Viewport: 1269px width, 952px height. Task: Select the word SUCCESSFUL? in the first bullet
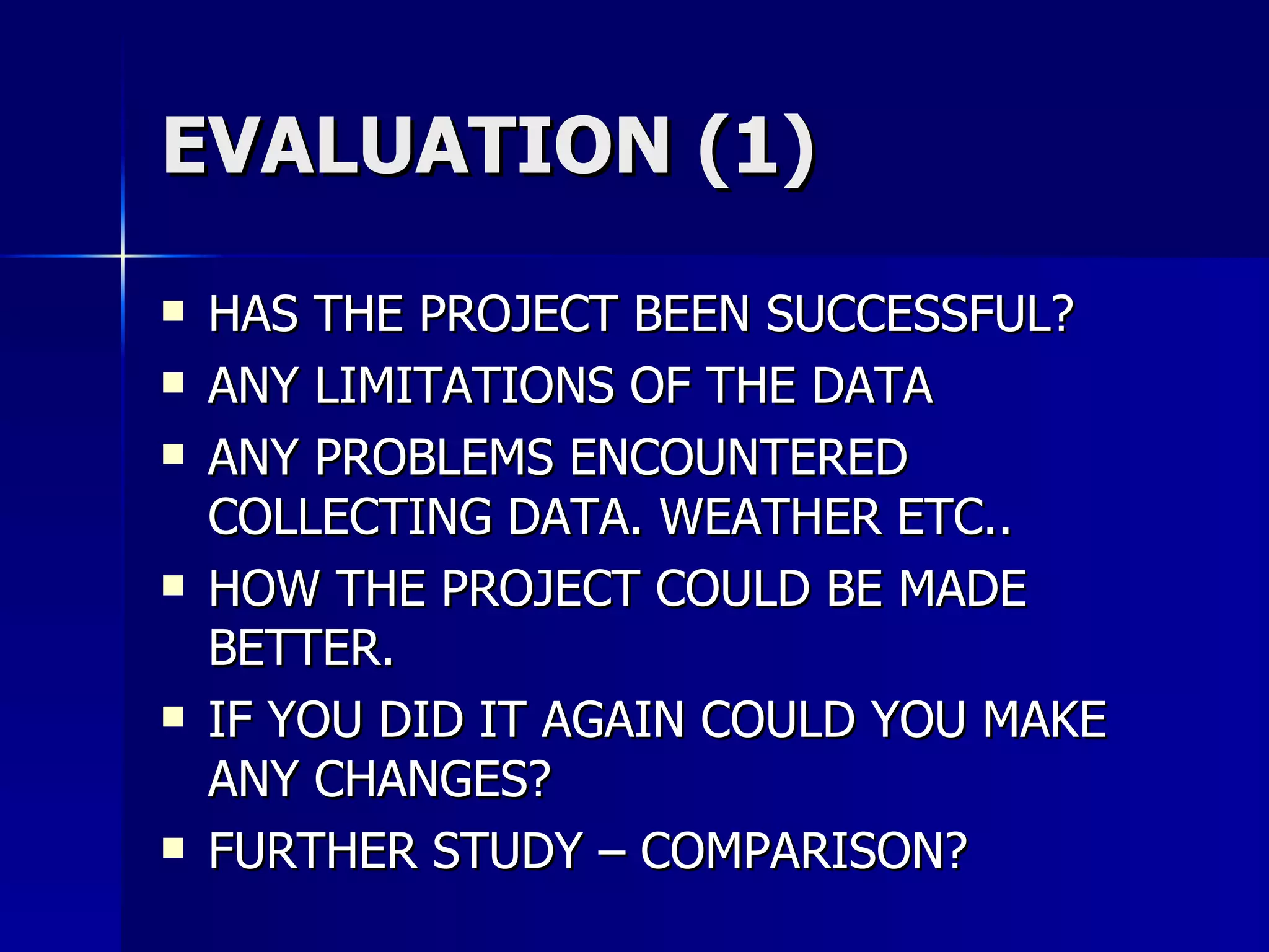[920, 314]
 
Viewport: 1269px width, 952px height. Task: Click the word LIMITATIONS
[465, 386]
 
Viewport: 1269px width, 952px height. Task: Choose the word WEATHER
[771, 517]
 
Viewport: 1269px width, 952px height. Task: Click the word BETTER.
[301, 648]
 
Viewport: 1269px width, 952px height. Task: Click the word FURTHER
[312, 851]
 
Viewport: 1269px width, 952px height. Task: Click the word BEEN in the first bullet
[692, 314]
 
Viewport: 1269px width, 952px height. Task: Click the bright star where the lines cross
[123, 255]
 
